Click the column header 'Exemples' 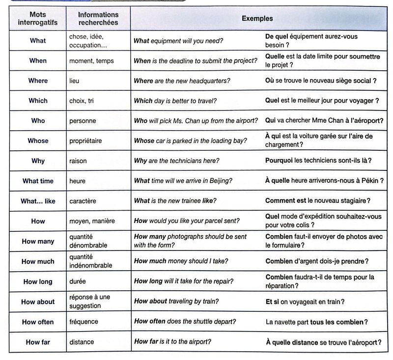(257, 19)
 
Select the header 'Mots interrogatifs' (37, 19)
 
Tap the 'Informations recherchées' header (98, 19)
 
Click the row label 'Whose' (38, 141)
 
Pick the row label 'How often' (38, 322)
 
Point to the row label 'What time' (38, 181)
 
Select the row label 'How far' (38, 342)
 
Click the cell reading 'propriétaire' (86, 141)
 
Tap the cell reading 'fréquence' (84, 322)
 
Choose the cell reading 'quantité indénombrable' (90, 261)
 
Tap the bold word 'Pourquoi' (279, 161)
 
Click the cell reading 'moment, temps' (90, 61)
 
